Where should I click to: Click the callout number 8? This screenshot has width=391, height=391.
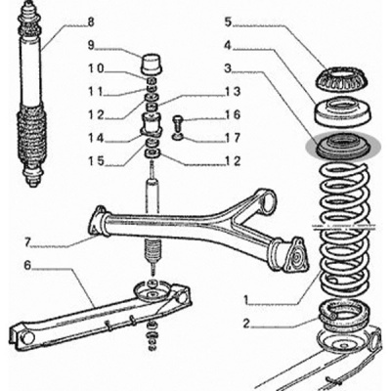90,22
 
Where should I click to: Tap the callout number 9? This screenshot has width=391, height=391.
90,45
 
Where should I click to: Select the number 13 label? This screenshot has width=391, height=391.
233,92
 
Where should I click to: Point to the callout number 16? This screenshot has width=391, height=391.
233,114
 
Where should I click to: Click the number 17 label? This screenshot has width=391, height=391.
233,138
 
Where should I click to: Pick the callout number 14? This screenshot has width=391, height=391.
96,138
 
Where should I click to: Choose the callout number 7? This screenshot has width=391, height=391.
27,242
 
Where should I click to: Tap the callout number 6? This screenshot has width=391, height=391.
27,265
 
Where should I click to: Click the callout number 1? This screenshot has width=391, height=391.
246,298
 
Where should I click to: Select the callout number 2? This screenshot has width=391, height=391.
246,324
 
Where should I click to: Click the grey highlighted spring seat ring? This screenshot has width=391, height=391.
343,147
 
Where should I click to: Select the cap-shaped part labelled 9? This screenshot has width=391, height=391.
152,64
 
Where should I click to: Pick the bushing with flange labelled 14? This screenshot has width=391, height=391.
152,125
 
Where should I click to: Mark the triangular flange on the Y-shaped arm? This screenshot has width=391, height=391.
296,255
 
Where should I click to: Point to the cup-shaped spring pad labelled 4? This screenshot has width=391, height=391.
343,111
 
